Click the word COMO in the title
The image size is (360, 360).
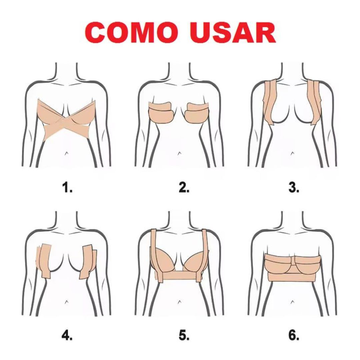click(132, 33)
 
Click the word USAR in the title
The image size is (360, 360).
click(233, 33)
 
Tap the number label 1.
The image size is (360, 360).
click(67, 187)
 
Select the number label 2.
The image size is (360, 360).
click(184, 187)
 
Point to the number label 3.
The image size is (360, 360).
click(294, 187)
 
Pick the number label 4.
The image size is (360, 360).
click(67, 336)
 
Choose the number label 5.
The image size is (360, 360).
click(184, 336)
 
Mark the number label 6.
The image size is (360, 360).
click(294, 336)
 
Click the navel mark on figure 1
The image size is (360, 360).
click(66, 153)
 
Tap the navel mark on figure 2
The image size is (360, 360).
click(179, 153)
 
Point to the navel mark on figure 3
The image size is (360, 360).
click(292, 153)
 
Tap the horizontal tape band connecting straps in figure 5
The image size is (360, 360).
click(179, 275)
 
